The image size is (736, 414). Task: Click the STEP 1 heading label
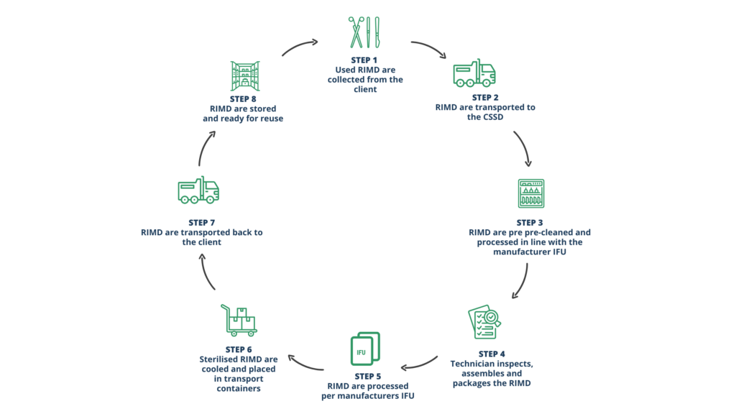369,60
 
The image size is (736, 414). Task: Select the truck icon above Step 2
474,73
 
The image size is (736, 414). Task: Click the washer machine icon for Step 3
531,193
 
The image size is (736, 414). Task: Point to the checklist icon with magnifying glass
484,321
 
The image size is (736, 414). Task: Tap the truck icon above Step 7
198,190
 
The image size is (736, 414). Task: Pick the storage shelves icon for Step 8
244,75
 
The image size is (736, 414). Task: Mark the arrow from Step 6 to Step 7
208,273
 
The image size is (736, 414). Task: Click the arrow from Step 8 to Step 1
299,47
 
